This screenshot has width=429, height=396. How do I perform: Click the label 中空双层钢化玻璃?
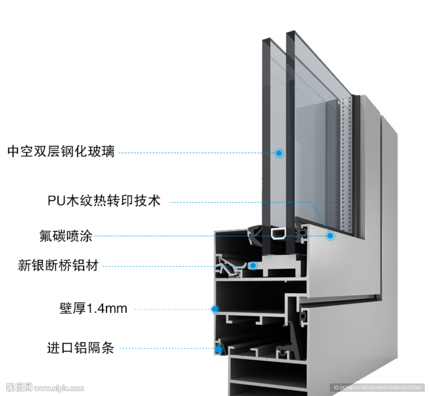pyautogui.click(x=61, y=151)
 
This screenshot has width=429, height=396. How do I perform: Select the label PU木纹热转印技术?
pyautogui.click(x=104, y=201)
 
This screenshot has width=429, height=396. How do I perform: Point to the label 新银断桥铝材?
pyautogui.click(x=58, y=265)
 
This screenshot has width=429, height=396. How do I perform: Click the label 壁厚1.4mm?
pyautogui.click(x=93, y=309)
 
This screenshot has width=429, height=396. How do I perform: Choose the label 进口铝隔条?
pyautogui.click(x=80, y=348)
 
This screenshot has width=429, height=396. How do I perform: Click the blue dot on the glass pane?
pyautogui.click(x=279, y=153)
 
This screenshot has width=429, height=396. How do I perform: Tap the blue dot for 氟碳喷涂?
pyautogui.click(x=330, y=236)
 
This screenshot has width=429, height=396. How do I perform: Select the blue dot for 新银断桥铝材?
pyautogui.click(x=253, y=265)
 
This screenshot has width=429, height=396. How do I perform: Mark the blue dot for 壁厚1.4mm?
pyautogui.click(x=215, y=309)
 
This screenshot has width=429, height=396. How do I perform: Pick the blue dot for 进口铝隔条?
pyautogui.click(x=219, y=348)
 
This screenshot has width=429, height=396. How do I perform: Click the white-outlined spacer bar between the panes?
pyautogui.click(x=278, y=233)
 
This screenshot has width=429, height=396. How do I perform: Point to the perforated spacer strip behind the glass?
pyautogui.click(x=346, y=168)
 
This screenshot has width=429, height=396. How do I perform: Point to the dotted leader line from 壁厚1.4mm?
pyautogui.click(x=172, y=309)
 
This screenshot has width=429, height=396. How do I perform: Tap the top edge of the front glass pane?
pyautogui.click(x=266, y=40)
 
